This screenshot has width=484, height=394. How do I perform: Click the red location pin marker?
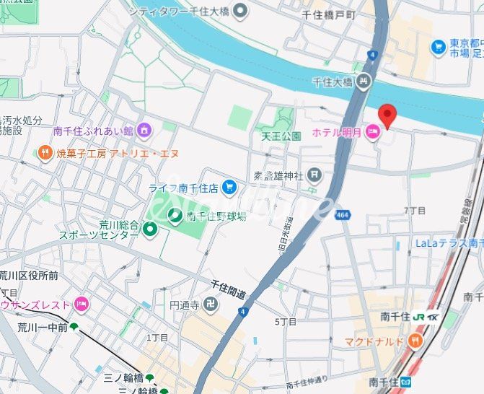click(x=388, y=115)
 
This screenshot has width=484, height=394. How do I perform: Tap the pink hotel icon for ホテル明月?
click(x=373, y=132)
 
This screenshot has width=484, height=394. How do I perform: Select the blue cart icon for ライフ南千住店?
click(x=229, y=188)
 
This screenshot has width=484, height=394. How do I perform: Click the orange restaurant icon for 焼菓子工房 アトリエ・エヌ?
click(x=45, y=153)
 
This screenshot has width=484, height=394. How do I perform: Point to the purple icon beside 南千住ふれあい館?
click(x=145, y=131)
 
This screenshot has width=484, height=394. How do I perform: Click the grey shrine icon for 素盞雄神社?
click(x=314, y=174)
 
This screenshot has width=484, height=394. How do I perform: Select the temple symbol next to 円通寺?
click(x=211, y=305)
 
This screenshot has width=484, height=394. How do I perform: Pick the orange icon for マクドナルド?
click(x=415, y=340)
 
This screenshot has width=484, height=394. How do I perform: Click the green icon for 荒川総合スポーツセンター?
click(x=150, y=229)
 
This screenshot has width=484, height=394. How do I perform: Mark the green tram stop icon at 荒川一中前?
click(x=74, y=327)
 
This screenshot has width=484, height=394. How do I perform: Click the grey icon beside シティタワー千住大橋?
click(x=240, y=10)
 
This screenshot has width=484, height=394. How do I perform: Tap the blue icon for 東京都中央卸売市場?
click(x=438, y=47)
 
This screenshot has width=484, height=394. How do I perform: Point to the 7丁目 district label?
click(x=414, y=210)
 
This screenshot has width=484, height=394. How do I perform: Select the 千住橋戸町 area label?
click(x=328, y=14)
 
